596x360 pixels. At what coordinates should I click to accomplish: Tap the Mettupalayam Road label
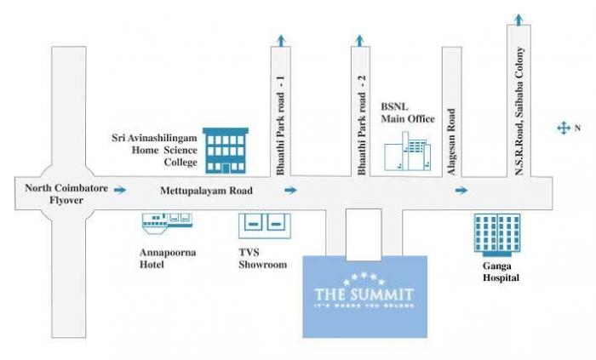point(207,192)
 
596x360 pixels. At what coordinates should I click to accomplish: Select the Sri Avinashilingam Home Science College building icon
point(226,151)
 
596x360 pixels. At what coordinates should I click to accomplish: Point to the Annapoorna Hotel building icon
point(165,221)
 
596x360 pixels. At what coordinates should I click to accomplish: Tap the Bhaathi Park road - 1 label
point(281,125)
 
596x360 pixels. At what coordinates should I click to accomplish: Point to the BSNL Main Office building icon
point(406,157)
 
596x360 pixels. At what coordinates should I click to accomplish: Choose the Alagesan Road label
point(452,141)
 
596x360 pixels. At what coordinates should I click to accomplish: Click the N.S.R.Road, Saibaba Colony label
point(519,111)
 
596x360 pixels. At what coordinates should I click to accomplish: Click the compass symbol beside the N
point(563,128)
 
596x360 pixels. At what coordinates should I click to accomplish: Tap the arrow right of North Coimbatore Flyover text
point(122,190)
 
